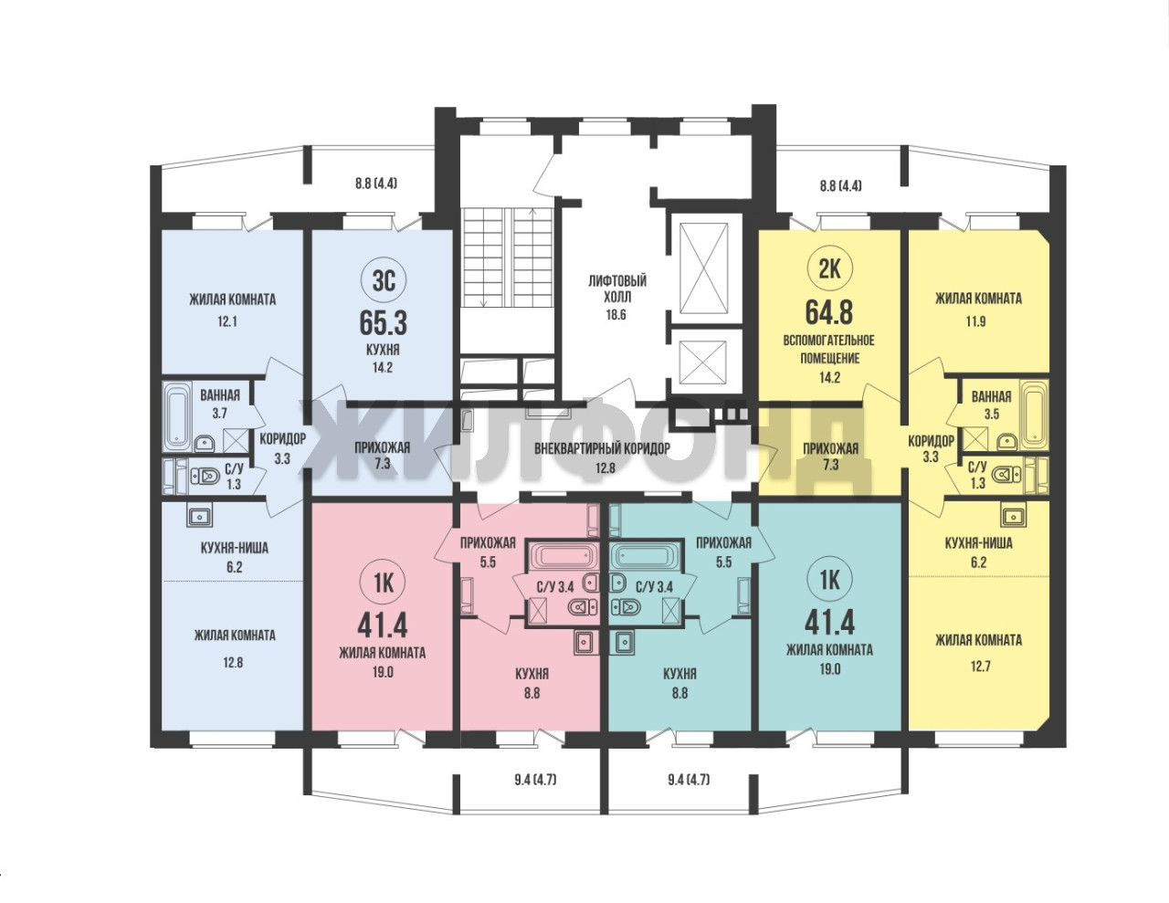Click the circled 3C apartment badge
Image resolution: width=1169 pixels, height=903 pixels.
(x=384, y=280)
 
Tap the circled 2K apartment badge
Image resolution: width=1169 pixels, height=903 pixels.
(x=829, y=269)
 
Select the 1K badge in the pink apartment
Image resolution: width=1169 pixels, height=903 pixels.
(x=384, y=583)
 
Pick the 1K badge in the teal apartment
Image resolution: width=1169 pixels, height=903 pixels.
(x=829, y=580)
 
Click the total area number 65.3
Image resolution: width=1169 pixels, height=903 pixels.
(x=383, y=322)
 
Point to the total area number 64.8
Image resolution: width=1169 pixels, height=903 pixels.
(x=829, y=312)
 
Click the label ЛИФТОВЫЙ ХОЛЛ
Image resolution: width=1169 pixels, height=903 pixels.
(x=617, y=289)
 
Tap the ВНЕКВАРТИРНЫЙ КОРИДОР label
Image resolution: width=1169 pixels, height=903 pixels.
(x=602, y=448)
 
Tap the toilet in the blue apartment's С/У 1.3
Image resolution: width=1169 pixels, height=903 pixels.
(x=204, y=476)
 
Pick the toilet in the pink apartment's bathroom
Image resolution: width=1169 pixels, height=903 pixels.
(x=583, y=607)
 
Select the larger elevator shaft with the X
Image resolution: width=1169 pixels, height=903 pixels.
(x=703, y=268)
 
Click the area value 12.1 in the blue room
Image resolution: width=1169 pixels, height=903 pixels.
(x=227, y=322)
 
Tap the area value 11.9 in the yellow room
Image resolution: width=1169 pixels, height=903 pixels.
(x=975, y=322)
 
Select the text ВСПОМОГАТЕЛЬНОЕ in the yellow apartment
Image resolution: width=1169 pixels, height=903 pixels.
(x=829, y=341)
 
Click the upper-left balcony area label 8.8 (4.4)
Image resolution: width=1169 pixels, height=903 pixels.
(x=376, y=184)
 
